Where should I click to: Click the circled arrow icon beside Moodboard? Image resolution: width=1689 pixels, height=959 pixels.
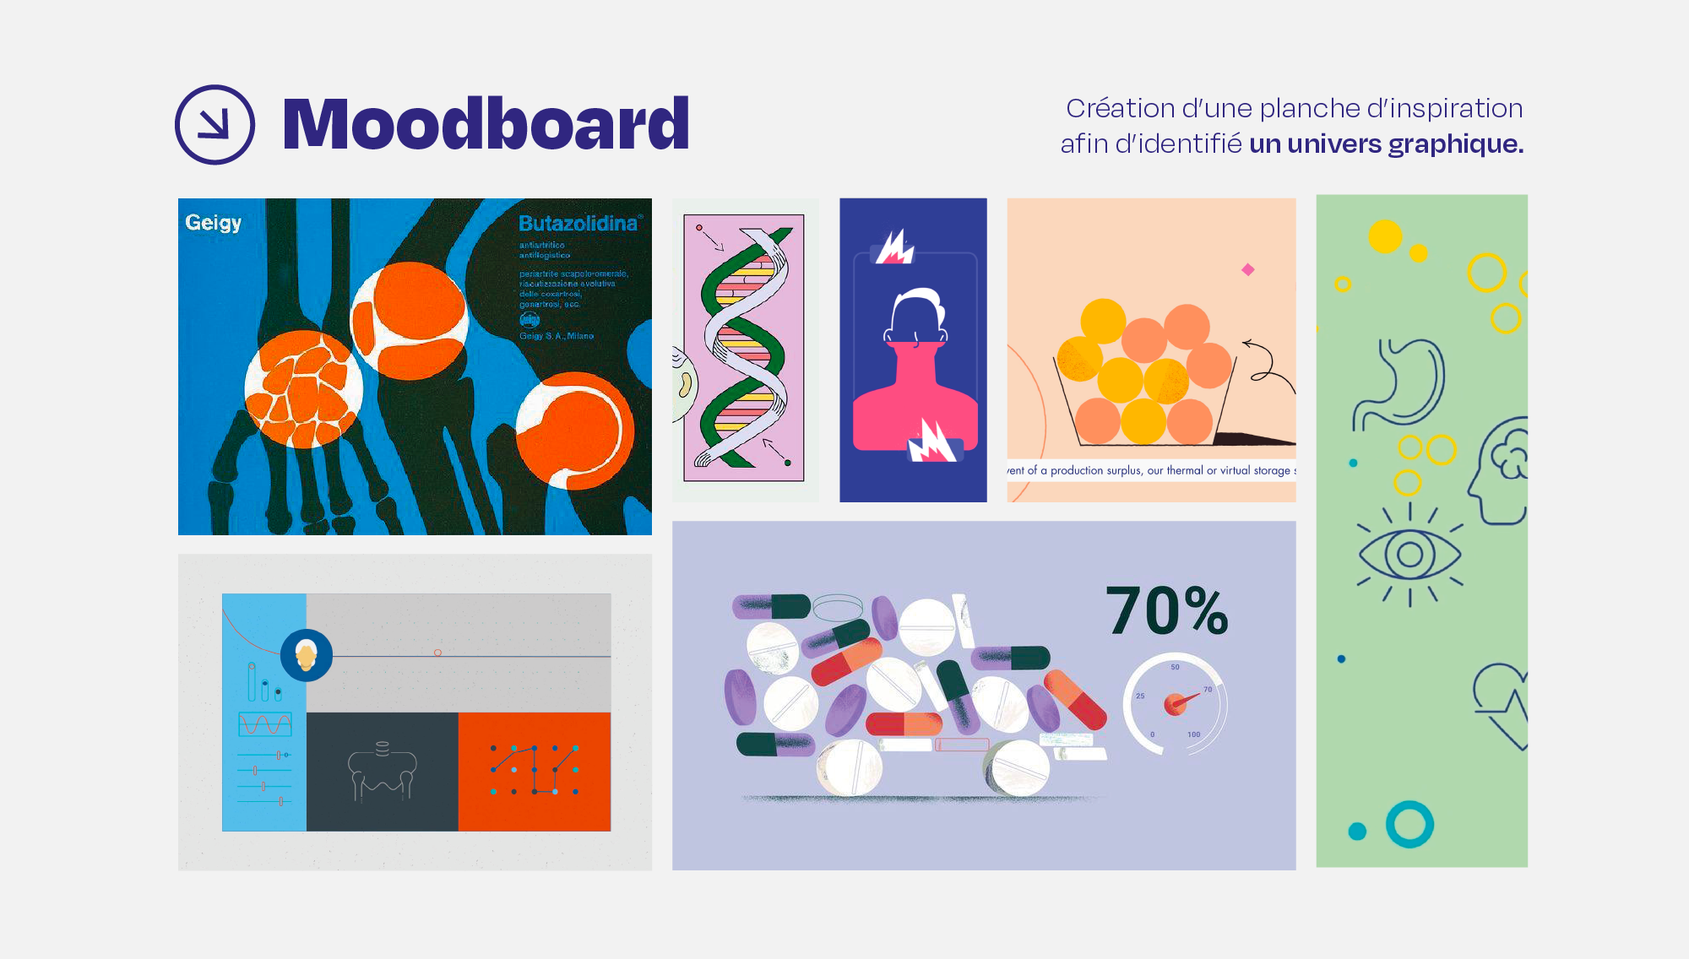215,124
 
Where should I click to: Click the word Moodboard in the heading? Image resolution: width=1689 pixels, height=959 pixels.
486,124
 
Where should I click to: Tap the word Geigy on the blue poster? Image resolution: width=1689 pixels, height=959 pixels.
214,223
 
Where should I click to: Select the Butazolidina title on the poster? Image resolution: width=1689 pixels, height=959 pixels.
578,224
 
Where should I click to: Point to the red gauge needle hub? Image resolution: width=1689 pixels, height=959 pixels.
1174,704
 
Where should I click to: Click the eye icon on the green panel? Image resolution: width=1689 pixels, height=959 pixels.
1409,555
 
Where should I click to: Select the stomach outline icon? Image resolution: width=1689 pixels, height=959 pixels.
1402,384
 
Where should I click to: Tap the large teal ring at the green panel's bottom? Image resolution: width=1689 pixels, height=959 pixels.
1409,824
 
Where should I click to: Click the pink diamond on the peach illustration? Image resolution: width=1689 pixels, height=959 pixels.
1248,269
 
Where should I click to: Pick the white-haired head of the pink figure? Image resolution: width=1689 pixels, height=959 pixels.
915,317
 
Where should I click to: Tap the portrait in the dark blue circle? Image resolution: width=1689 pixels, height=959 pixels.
306,655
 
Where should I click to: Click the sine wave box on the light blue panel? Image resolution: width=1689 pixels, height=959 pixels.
264,724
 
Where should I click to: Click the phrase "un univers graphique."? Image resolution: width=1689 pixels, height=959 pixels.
1386,144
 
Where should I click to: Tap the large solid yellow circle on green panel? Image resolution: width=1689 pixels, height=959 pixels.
1385,236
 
